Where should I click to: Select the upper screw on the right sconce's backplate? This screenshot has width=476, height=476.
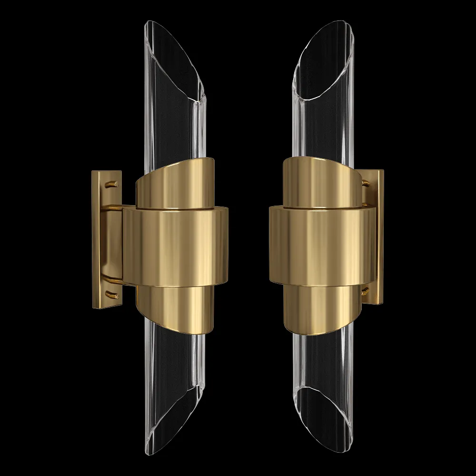[365, 182]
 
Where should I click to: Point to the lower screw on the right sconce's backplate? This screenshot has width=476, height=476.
[365, 291]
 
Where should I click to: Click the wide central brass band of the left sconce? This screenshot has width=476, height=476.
[176, 245]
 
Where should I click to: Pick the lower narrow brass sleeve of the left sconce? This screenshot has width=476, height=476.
[174, 307]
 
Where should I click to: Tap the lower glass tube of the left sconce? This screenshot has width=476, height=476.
[174, 381]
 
